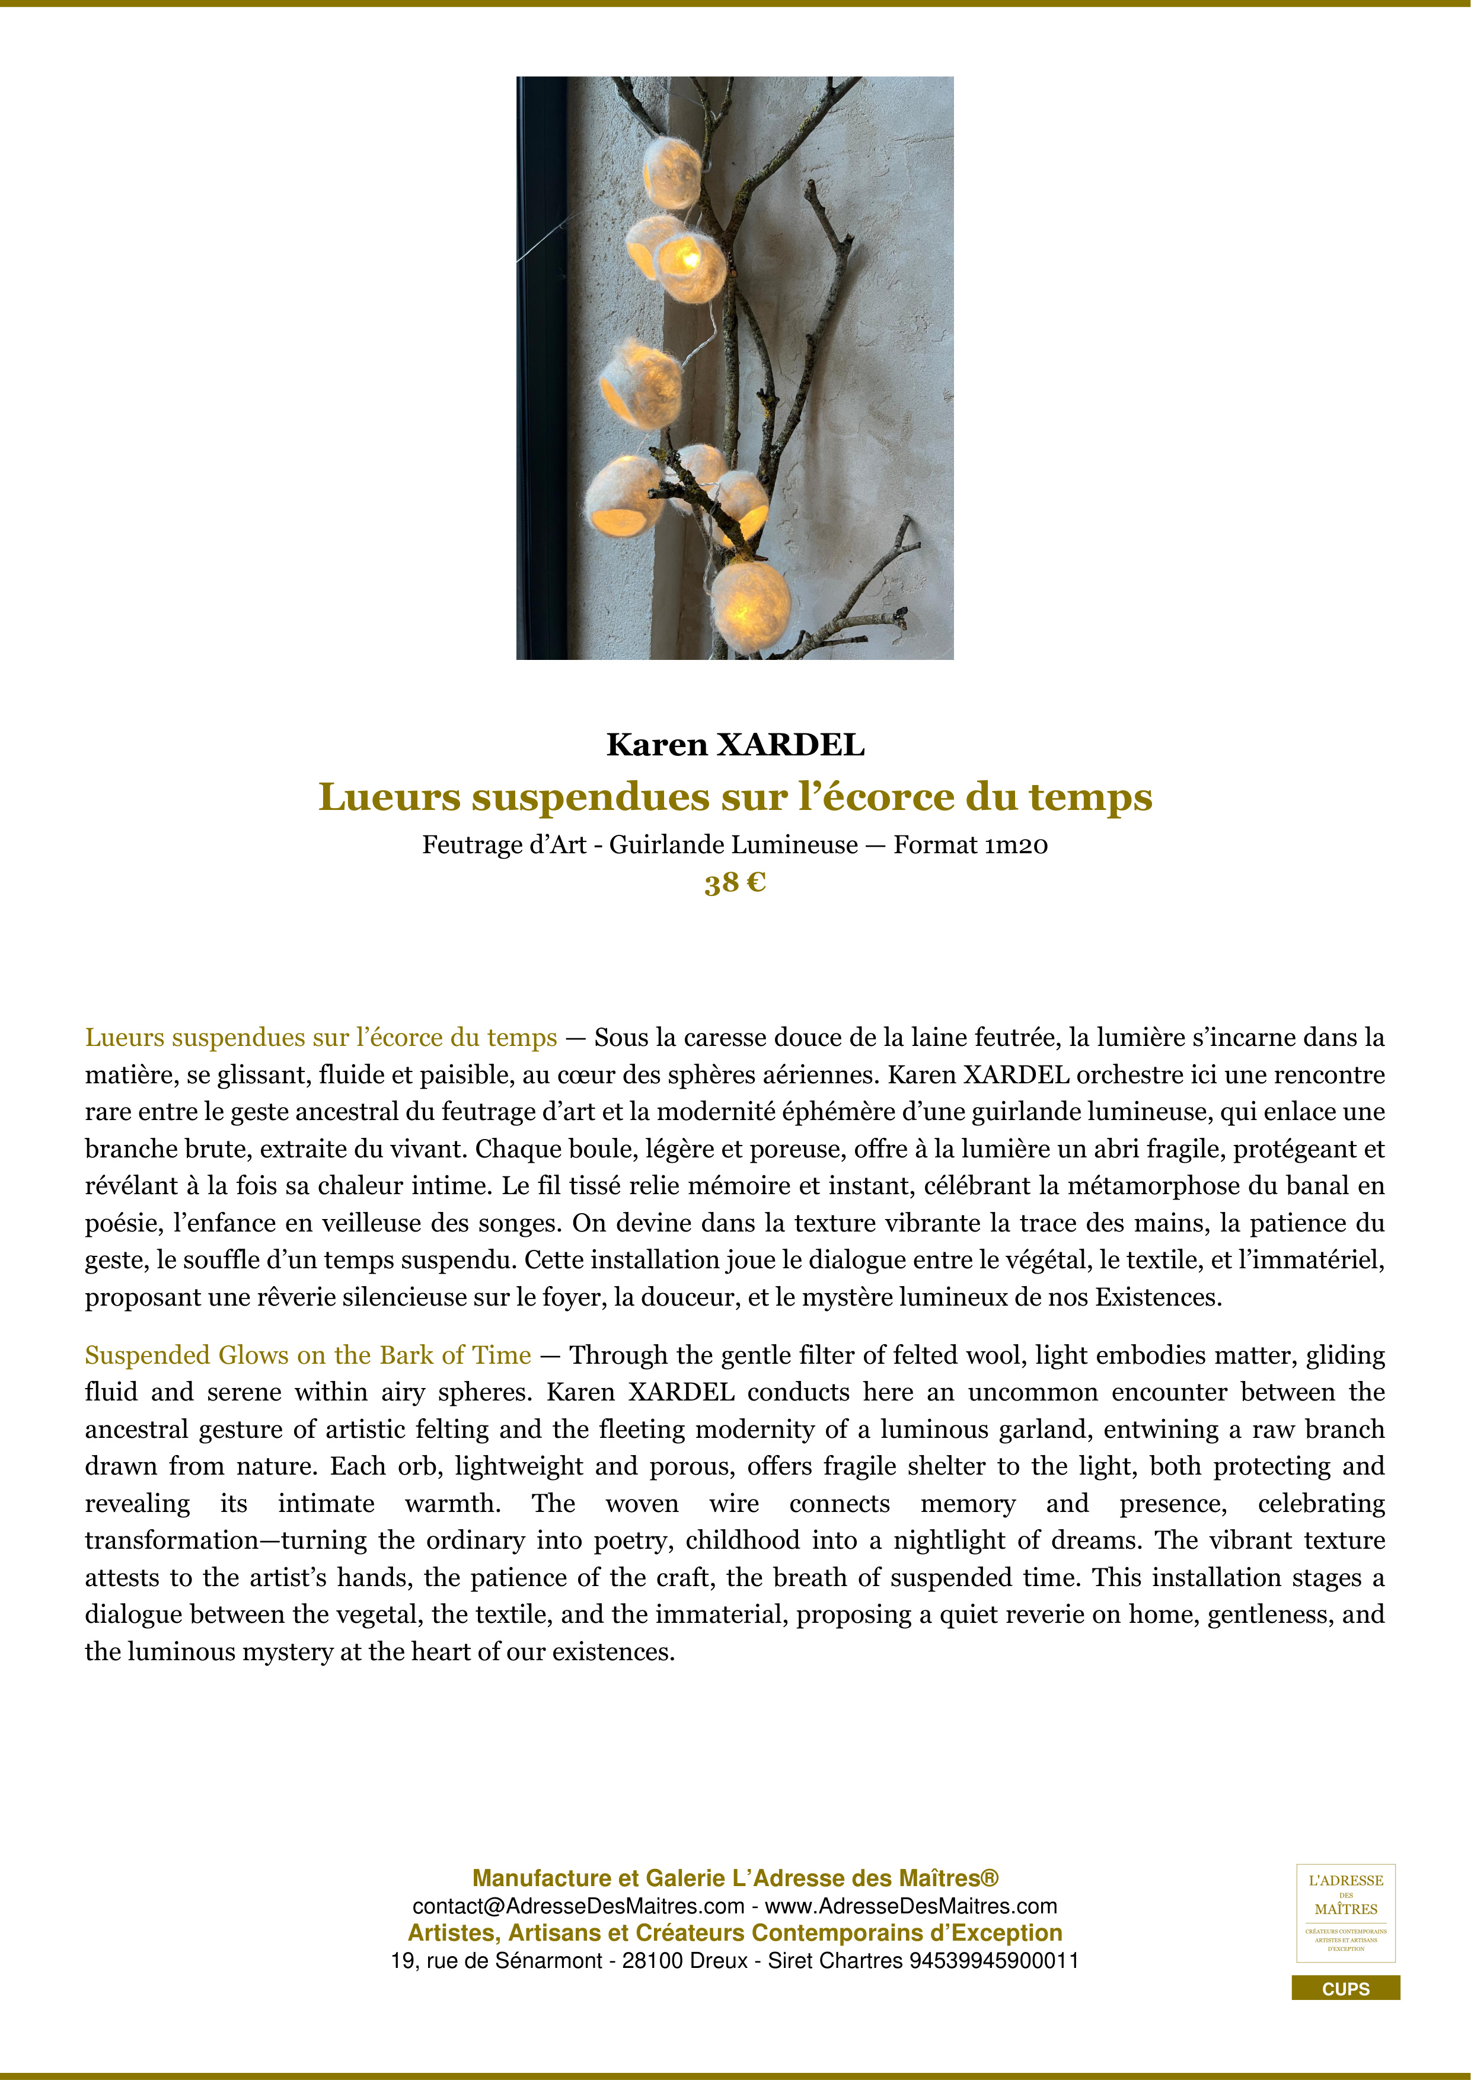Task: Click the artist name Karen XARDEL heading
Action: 735,745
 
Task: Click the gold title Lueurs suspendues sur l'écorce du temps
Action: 735,797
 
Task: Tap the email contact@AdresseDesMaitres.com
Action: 578,1906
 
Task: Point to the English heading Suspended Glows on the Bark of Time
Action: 308,1355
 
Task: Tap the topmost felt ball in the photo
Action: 672,171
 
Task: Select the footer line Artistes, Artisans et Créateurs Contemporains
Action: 735,1933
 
